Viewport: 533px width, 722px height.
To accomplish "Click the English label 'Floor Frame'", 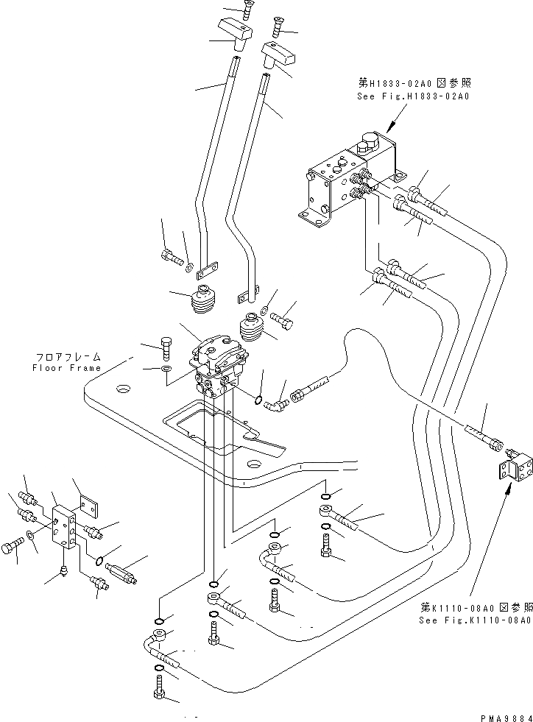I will point(66,367).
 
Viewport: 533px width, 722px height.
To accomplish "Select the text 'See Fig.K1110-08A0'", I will point(474,620).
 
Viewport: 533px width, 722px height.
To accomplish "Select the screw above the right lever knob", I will point(278,27).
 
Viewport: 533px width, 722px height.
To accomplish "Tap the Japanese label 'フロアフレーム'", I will point(67,356).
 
